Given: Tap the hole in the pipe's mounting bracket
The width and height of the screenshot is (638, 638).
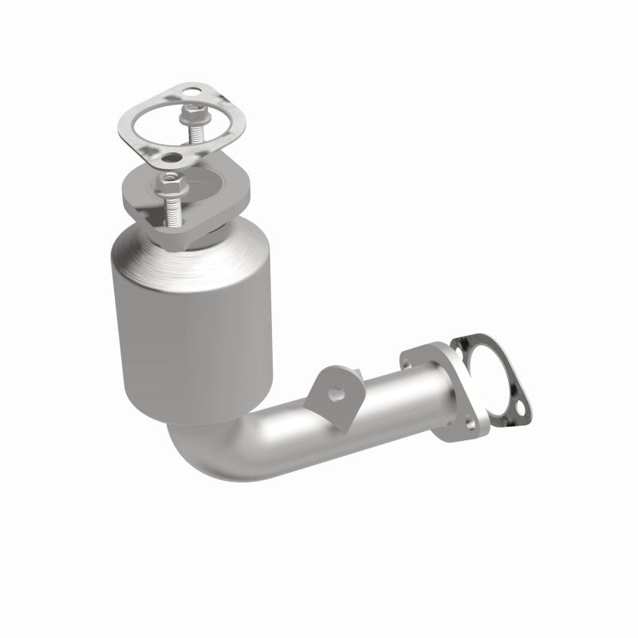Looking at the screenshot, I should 338,392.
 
